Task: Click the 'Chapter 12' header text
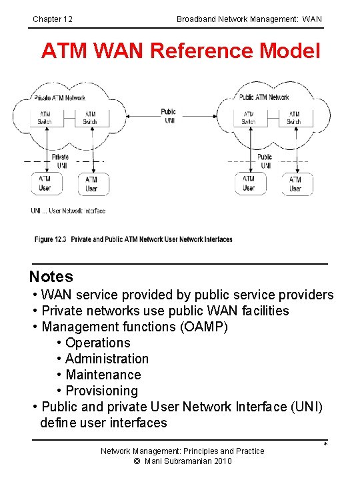click(53, 19)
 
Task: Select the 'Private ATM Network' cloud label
click(60, 98)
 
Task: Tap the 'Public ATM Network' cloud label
click(264, 97)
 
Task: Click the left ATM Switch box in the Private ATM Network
click(45, 118)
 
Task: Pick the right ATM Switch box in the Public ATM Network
click(294, 118)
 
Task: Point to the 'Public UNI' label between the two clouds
click(169, 115)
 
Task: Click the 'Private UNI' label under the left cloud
click(61, 161)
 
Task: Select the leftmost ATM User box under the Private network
click(44, 183)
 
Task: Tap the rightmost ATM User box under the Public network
click(295, 183)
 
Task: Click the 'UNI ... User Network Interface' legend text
click(68, 211)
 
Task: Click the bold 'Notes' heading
click(51, 277)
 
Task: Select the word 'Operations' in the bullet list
click(98, 343)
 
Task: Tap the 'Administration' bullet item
click(107, 359)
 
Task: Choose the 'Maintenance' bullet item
click(103, 375)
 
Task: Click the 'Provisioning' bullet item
click(101, 391)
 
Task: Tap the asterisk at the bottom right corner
click(326, 445)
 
